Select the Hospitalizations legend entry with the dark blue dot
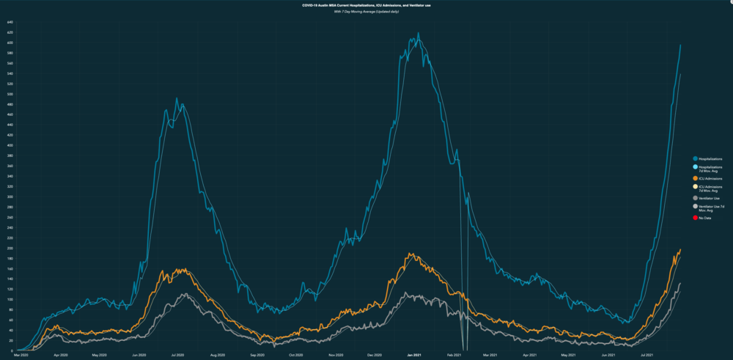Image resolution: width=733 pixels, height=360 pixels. point(694,158)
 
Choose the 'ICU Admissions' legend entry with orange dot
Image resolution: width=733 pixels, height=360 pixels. point(694,179)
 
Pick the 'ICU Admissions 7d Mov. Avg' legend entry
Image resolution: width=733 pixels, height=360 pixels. point(694,188)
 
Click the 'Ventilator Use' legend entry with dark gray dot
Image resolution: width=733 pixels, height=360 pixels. point(694,198)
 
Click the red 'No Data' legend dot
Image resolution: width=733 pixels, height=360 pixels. point(694,218)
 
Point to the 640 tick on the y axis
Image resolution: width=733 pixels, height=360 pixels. point(10,23)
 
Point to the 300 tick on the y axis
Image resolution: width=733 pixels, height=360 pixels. point(10,196)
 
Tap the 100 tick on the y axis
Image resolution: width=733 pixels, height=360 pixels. point(10,299)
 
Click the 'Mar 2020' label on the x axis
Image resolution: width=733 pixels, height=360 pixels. point(22,356)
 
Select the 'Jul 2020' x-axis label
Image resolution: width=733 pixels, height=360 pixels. point(177,356)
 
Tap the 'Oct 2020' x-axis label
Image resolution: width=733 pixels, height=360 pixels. point(296,356)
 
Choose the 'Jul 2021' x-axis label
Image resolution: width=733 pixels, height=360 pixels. point(646,356)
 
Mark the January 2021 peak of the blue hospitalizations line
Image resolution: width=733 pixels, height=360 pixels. point(418,33)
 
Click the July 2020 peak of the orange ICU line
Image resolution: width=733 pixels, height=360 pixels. point(180,269)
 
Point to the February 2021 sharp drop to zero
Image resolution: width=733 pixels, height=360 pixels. point(464,349)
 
